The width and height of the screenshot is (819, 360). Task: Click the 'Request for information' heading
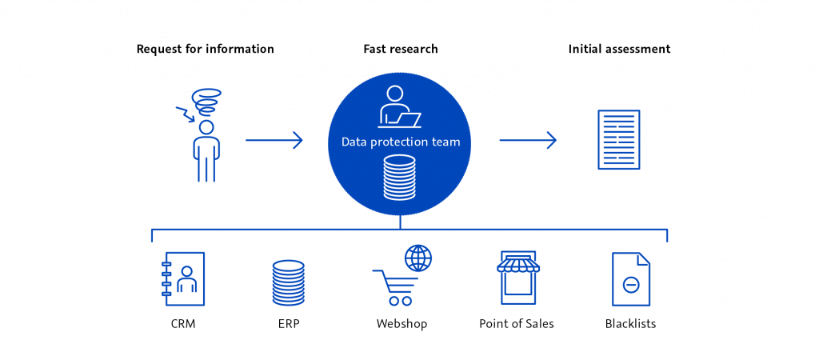[x=205, y=50]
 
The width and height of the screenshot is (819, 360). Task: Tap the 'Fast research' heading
[x=400, y=50]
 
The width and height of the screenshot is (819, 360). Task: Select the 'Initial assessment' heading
[x=618, y=50]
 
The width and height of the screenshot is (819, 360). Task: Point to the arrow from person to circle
[x=274, y=142]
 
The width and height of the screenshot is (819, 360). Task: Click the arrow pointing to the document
[x=528, y=142]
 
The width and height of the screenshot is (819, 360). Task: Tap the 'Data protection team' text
[x=400, y=142]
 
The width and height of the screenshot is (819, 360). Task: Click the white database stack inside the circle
[x=400, y=178]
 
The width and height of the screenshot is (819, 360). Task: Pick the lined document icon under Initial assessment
[x=619, y=140]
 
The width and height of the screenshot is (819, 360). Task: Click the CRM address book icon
[x=184, y=278]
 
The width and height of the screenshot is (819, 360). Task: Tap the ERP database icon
[x=288, y=282]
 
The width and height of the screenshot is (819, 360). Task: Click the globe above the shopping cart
[x=417, y=257]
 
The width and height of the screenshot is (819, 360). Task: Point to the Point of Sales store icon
[x=518, y=278]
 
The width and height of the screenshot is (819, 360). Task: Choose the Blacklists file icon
[x=630, y=279]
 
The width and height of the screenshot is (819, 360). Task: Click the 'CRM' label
[x=183, y=325]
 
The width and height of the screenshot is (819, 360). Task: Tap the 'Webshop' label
[x=401, y=325]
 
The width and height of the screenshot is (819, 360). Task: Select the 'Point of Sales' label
[x=517, y=325]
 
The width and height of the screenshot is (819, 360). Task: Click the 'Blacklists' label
[x=631, y=325]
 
